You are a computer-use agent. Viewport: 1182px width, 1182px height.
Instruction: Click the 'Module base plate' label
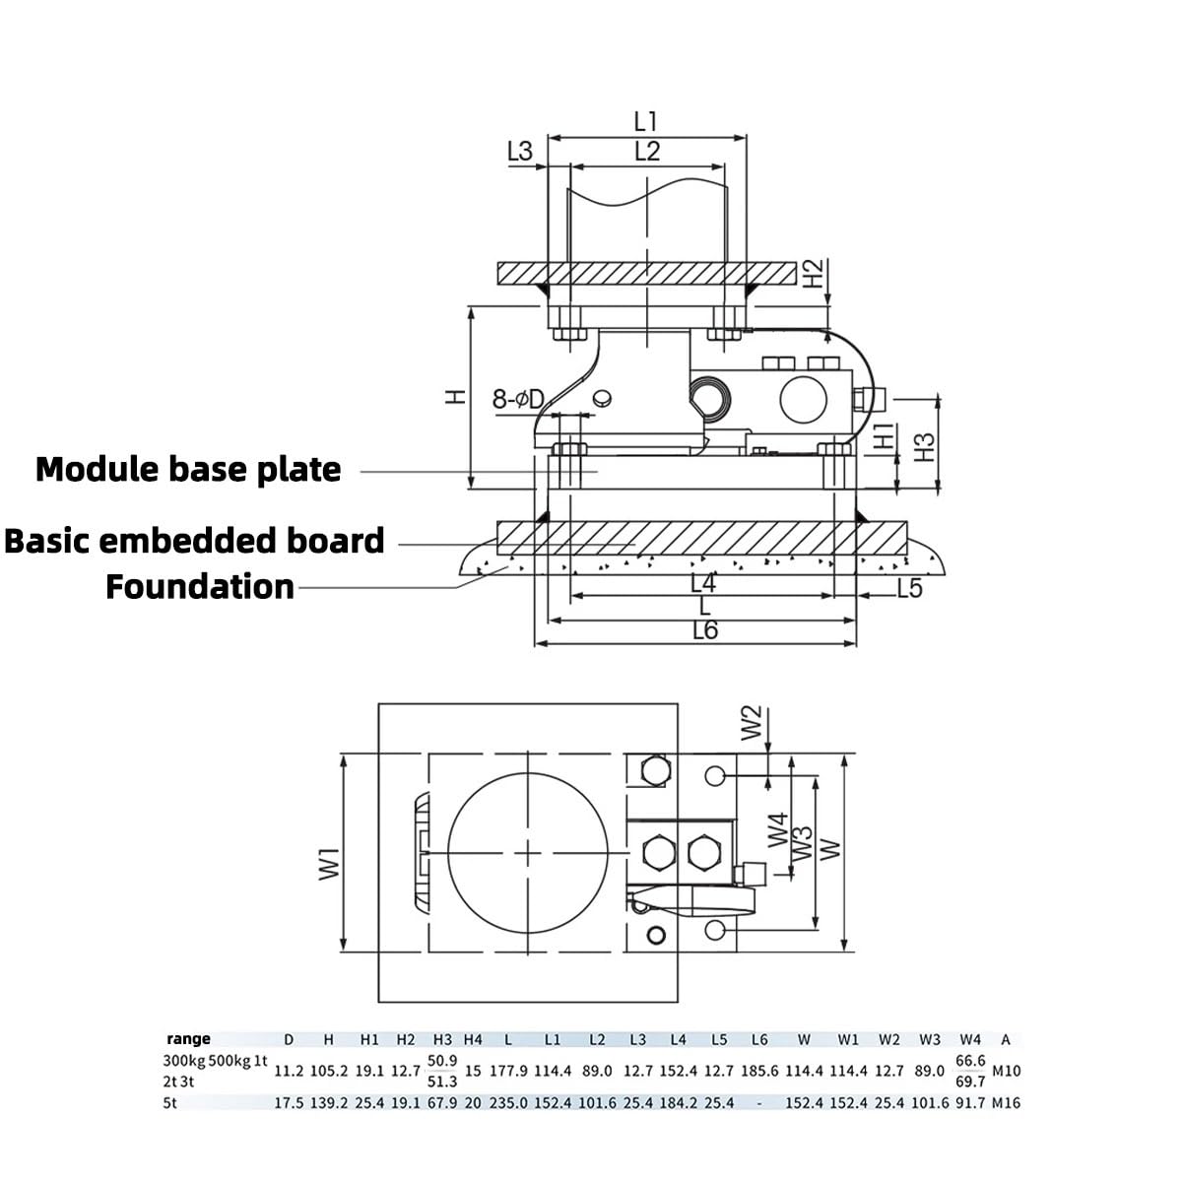(x=188, y=470)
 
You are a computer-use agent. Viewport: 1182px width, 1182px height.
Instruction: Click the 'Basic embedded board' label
(x=194, y=541)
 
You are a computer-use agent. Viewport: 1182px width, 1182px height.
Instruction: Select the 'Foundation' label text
(x=200, y=587)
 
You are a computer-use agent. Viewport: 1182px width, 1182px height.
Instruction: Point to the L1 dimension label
(x=645, y=122)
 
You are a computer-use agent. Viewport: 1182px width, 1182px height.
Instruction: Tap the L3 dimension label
(x=519, y=152)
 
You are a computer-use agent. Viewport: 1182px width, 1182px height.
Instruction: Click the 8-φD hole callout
(x=518, y=399)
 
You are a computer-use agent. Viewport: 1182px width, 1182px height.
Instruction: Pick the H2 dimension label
(x=813, y=273)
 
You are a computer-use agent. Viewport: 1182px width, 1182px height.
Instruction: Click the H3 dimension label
(x=924, y=447)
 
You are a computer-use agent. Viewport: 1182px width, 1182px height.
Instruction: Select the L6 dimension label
(x=705, y=631)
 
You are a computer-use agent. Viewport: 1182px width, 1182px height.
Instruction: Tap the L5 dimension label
(x=909, y=589)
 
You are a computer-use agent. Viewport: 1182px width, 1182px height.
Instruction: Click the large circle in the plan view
(x=529, y=852)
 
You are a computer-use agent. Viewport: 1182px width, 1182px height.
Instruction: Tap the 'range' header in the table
(x=188, y=1039)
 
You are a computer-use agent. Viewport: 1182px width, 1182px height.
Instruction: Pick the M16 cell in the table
(x=1005, y=1103)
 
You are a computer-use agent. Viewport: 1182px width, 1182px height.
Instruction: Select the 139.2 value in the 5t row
(x=328, y=1103)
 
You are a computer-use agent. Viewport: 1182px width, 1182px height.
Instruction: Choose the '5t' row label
(x=170, y=1103)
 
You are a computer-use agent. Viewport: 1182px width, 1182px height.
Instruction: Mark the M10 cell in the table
(x=1005, y=1071)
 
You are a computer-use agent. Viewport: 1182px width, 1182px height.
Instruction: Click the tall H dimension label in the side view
(x=455, y=396)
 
